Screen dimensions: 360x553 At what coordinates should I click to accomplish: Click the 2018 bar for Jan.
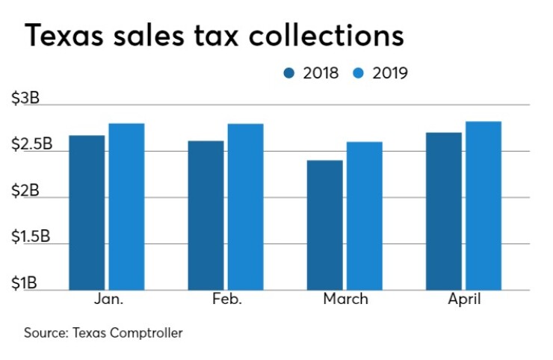87,213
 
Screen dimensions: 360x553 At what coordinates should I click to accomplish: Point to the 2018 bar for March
324,225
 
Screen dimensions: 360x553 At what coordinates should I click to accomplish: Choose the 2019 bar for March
364,216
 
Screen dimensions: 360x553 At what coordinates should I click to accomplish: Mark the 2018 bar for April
444,211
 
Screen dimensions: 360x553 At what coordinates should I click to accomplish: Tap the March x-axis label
345,300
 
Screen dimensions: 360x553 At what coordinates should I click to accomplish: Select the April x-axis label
463,300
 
